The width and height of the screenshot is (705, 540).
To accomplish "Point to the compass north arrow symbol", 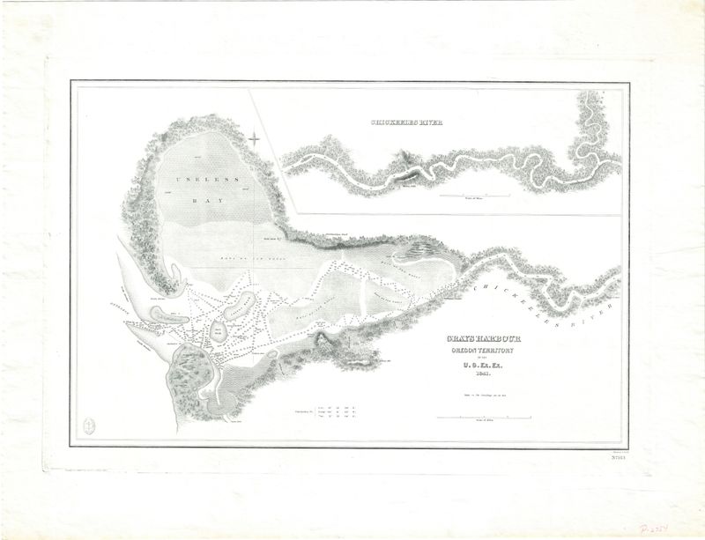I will coord(255,137).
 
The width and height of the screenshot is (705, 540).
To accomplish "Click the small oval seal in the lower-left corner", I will coord(89,424).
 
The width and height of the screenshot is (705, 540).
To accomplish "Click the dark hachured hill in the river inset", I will coord(406,159).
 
